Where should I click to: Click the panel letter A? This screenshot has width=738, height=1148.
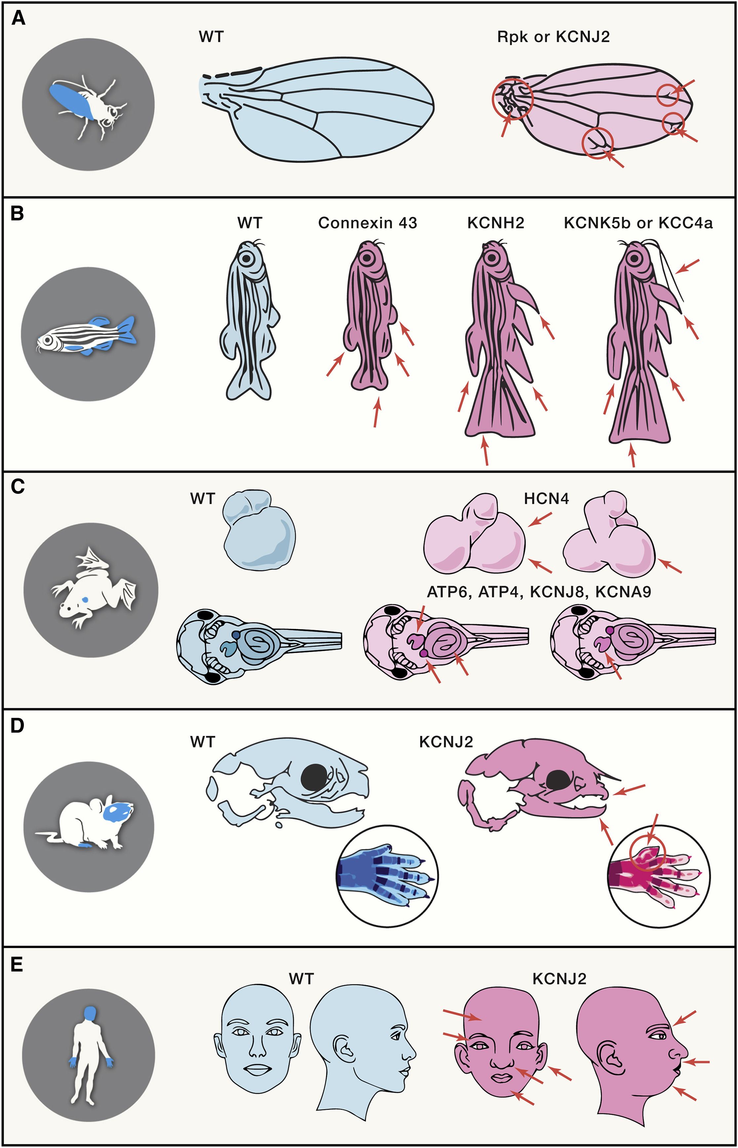click(18, 19)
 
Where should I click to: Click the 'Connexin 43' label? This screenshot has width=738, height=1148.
click(368, 223)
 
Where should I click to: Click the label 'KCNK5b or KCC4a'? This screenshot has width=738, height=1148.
click(638, 223)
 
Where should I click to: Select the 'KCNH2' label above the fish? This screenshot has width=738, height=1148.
click(495, 223)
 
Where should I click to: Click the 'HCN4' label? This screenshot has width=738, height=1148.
click(546, 499)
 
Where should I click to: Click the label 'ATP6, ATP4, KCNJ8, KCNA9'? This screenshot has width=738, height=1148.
click(539, 592)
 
